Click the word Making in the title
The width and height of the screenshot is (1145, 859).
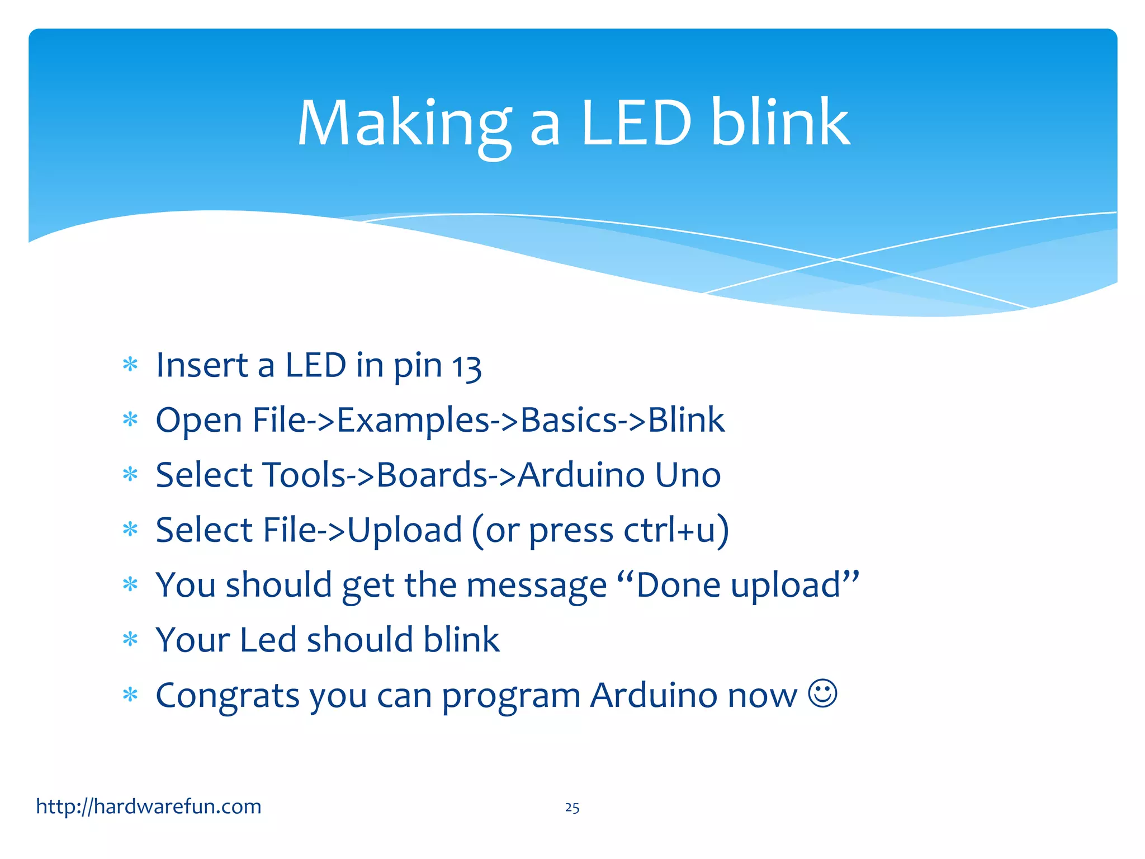[x=404, y=124]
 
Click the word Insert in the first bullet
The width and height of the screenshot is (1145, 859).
[x=201, y=365]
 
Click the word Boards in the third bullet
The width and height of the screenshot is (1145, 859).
[x=432, y=475]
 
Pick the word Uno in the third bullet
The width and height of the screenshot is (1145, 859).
[x=688, y=475]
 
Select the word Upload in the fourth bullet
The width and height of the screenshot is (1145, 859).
[x=405, y=530]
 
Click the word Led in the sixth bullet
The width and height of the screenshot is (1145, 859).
[x=268, y=640]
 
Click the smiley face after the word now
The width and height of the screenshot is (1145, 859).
[x=822, y=694]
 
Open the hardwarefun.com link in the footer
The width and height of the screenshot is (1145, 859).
[x=149, y=806]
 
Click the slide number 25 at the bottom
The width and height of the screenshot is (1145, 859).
[x=572, y=808]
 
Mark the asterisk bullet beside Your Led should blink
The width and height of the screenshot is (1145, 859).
[x=130, y=639]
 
